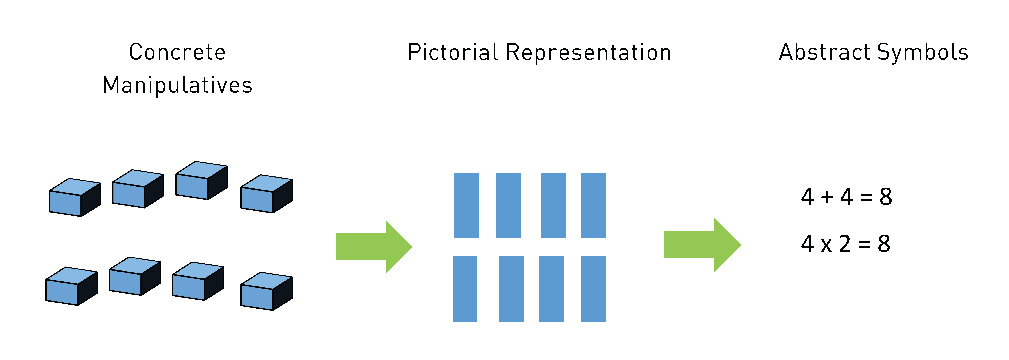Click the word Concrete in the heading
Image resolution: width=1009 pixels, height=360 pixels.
click(177, 52)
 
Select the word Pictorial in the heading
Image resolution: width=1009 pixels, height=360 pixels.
click(453, 52)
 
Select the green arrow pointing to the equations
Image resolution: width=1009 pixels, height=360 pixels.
click(702, 245)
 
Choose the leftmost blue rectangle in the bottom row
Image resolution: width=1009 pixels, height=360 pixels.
click(465, 289)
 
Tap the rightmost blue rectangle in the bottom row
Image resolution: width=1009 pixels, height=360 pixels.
click(593, 289)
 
